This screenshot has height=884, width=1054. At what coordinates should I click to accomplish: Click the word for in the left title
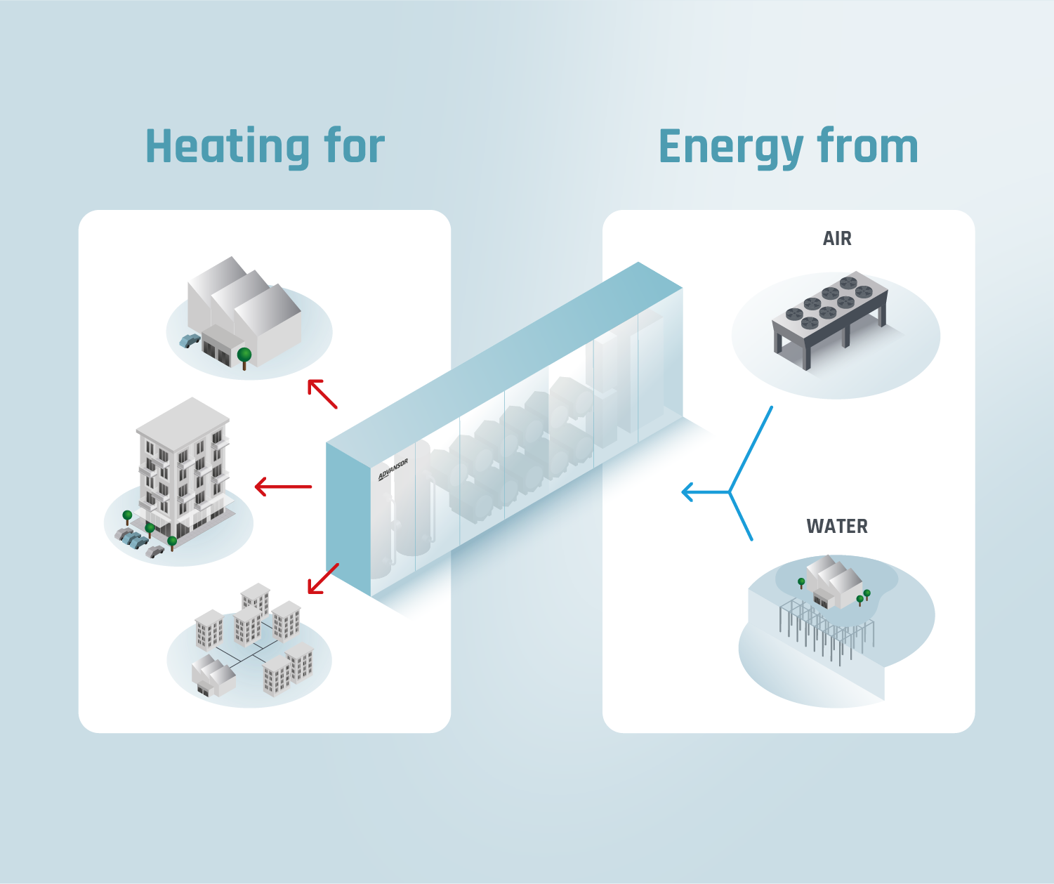click(x=354, y=147)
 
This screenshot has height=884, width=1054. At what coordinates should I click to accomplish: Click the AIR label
click(x=837, y=239)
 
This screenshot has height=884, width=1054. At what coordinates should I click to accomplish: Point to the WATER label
click(x=837, y=527)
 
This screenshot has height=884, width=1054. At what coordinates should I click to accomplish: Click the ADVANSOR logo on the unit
click(x=393, y=470)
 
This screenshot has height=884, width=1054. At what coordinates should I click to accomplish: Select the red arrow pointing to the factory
click(x=322, y=394)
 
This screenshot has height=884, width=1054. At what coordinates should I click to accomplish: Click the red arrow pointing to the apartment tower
click(x=283, y=486)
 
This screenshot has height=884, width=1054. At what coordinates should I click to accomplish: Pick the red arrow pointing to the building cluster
click(x=323, y=579)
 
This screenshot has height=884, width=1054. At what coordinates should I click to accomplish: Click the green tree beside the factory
click(x=244, y=355)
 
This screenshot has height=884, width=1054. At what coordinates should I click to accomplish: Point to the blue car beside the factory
click(x=190, y=341)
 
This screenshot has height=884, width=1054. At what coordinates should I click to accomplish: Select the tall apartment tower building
click(x=183, y=470)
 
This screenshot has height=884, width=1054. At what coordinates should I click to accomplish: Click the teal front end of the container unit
click(x=348, y=517)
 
